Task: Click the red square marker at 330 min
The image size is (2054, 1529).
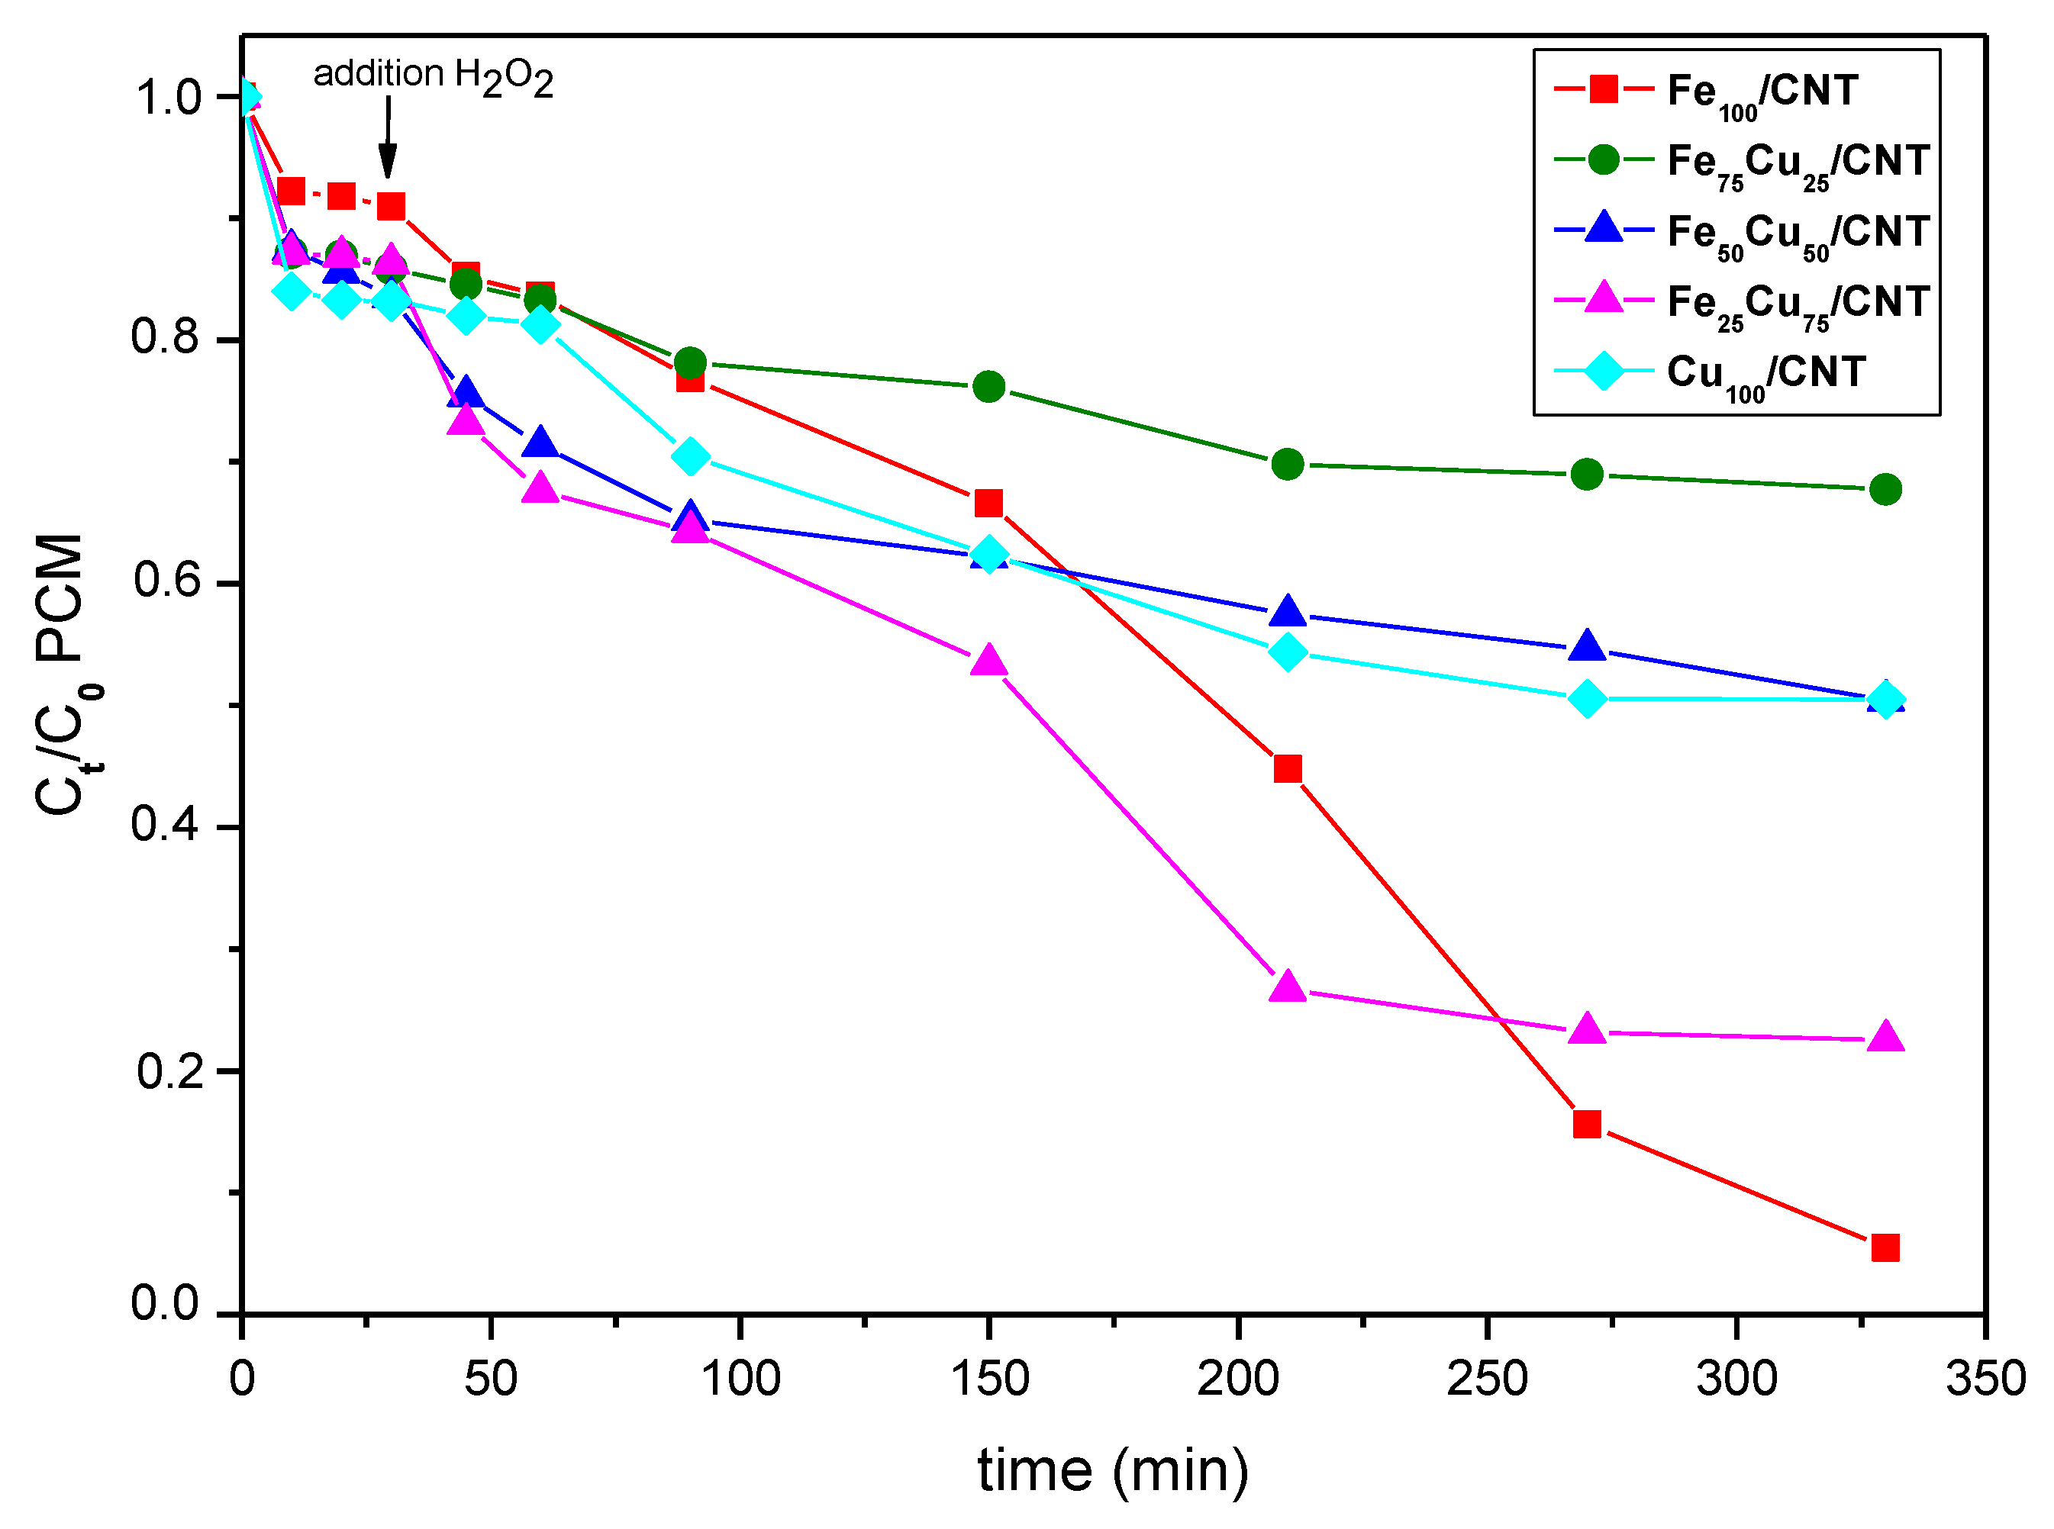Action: [x=1885, y=1248]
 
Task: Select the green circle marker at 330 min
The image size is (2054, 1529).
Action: [x=1885, y=490]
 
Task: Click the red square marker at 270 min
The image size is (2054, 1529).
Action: [x=1588, y=1125]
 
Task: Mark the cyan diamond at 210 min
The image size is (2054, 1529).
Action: [x=1288, y=652]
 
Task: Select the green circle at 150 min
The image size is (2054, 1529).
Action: [x=988, y=387]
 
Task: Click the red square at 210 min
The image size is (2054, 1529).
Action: [x=1288, y=769]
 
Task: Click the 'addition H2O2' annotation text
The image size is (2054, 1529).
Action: [x=434, y=76]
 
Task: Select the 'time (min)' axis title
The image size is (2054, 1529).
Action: [x=1114, y=1472]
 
